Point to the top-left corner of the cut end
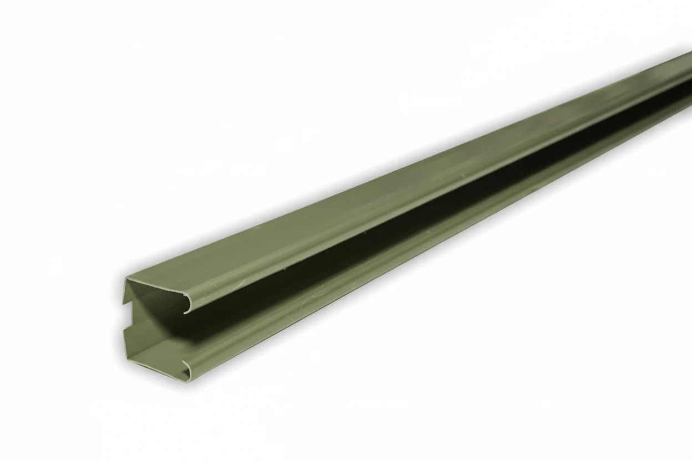click(x=125, y=278)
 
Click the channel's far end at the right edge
click(x=688, y=83)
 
